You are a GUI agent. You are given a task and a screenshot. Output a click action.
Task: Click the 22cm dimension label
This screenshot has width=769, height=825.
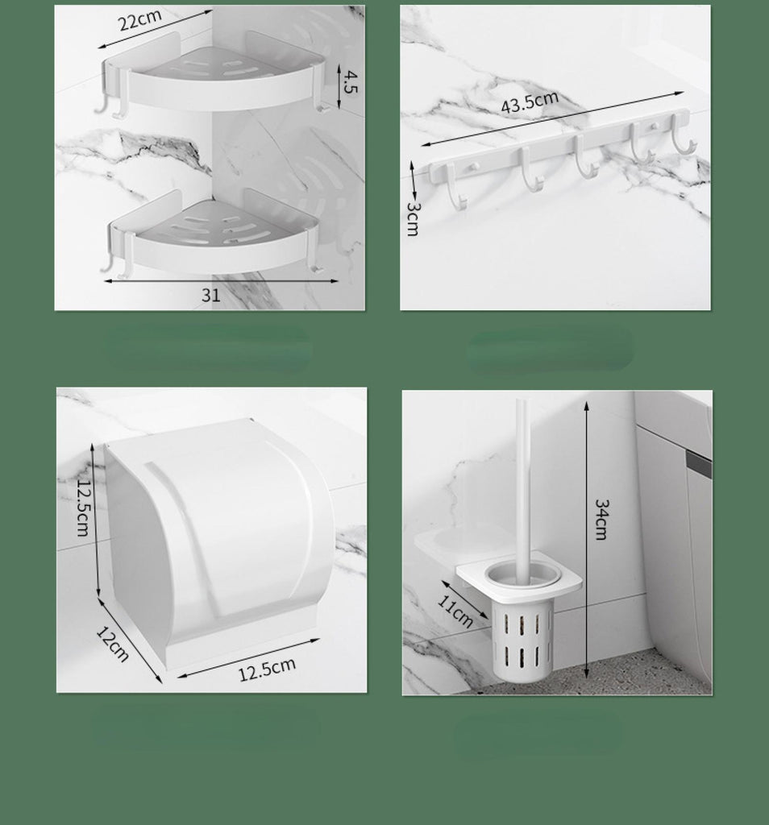click(x=139, y=20)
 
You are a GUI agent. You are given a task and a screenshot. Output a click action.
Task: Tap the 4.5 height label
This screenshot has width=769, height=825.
click(x=350, y=81)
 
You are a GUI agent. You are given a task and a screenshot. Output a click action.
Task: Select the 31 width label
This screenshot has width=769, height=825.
click(x=210, y=295)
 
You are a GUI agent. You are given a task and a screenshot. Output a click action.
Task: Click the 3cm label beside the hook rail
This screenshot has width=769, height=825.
click(x=414, y=219)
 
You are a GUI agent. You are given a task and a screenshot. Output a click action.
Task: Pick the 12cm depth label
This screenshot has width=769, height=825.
click(x=113, y=644)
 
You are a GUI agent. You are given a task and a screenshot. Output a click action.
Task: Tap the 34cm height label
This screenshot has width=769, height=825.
click(x=601, y=520)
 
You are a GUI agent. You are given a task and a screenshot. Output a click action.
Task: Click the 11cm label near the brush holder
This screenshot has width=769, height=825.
click(x=455, y=611)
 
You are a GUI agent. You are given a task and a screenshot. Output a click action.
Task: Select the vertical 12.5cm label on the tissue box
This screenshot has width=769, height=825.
click(x=83, y=508)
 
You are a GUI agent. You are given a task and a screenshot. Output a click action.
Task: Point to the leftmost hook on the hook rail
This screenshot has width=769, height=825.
click(x=455, y=187)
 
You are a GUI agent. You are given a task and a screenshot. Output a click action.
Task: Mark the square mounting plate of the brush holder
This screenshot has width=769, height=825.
click(x=519, y=576)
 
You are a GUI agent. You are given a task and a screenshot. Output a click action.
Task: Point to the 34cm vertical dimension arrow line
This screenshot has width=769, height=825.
click(x=586, y=541)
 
